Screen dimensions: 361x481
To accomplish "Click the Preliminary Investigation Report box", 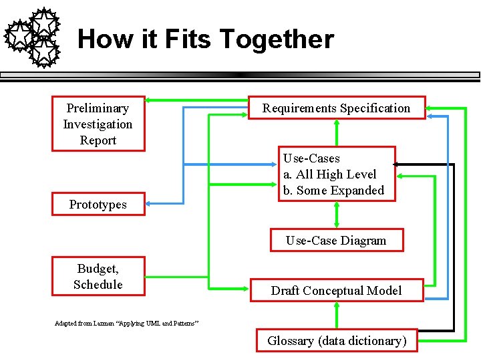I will (x=98, y=124).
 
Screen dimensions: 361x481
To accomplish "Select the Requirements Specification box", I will (x=336, y=108).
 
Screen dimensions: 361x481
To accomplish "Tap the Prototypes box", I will (x=98, y=205).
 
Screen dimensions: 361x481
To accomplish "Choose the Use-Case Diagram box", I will (x=336, y=241).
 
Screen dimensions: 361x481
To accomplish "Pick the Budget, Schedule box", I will (x=98, y=276).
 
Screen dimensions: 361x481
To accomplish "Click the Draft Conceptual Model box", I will (x=336, y=291).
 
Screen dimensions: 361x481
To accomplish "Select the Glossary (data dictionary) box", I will (x=336, y=341).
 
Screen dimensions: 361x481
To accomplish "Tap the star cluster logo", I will (x=33, y=37).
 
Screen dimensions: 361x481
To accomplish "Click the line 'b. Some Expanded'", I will (x=333, y=191).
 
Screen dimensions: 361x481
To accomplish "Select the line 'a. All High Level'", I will (x=329, y=174).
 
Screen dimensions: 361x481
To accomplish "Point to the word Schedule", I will (x=98, y=285).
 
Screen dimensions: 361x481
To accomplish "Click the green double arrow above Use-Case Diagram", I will (x=336, y=215).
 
